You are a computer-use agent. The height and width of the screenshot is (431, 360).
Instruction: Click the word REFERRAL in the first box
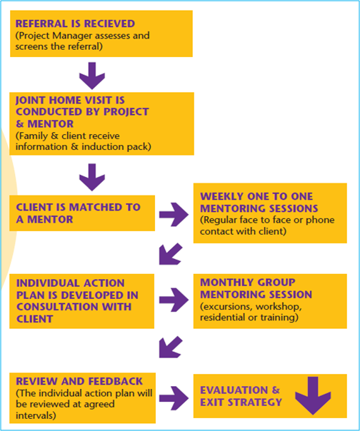[41, 24]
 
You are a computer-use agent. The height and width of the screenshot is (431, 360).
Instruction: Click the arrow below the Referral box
[92, 76]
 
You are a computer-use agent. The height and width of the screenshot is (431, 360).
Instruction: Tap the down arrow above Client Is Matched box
[92, 177]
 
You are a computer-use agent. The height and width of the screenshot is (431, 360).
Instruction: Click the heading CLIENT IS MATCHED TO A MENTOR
[78, 213]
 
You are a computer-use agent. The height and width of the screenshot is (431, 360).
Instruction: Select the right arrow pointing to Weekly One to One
[174, 214]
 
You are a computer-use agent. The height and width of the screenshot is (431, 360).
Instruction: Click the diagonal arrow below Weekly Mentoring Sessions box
[171, 254]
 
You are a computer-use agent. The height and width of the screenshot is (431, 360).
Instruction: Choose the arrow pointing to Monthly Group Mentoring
[174, 300]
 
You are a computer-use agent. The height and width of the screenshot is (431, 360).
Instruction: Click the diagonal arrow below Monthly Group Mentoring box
[171, 347]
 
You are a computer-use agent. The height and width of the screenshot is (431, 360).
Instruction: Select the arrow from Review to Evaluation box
[174, 398]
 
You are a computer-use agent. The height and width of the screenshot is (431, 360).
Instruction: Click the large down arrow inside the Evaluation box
[313, 396]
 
